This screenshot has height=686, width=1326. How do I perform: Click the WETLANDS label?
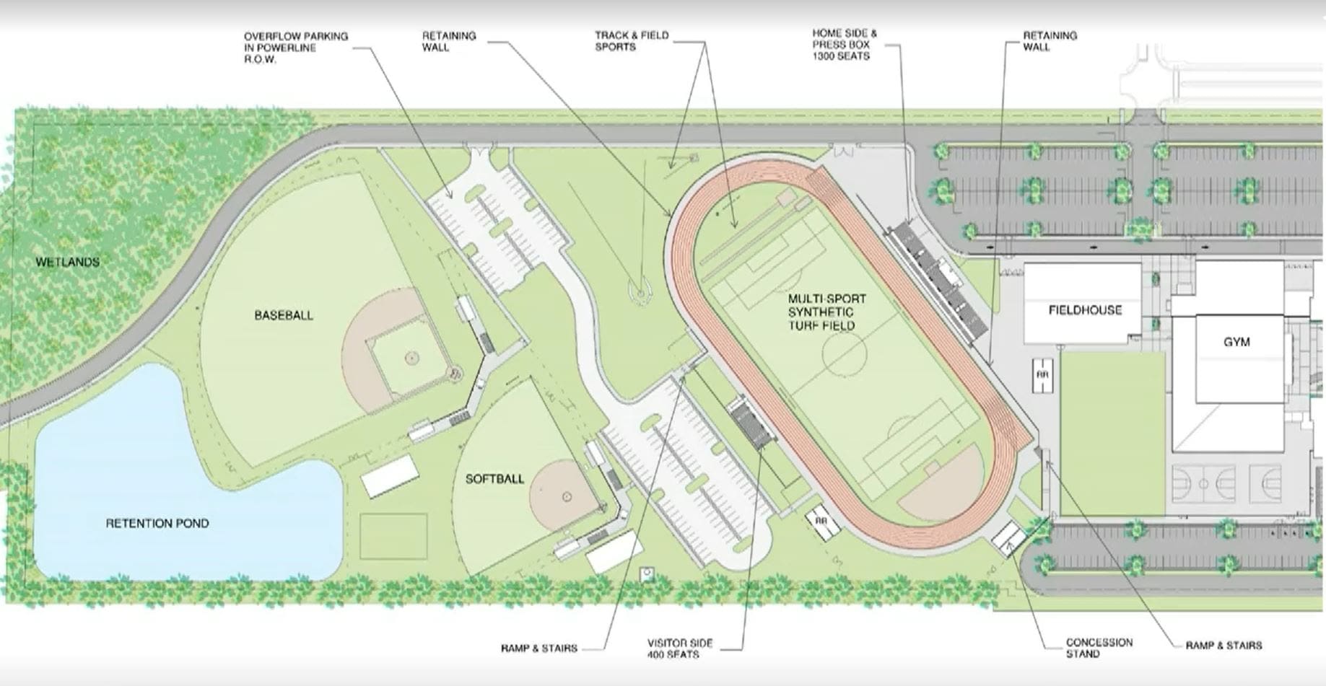[x=68, y=262]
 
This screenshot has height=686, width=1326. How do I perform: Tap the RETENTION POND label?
[x=157, y=523]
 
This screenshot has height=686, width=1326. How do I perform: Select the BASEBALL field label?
[x=284, y=315]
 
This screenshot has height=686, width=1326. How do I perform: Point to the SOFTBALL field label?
[x=494, y=478]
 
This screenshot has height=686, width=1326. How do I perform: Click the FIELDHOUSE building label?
[x=1085, y=310]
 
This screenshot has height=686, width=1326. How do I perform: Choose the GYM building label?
[x=1236, y=342]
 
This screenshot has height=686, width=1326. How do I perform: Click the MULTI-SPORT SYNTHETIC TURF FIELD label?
[x=826, y=312]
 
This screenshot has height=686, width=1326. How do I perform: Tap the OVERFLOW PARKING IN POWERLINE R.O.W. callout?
[x=295, y=47]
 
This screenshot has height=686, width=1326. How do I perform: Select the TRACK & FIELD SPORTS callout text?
[x=632, y=40]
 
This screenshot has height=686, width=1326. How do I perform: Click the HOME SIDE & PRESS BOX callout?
[x=845, y=44]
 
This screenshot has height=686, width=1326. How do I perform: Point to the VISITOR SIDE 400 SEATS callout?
[x=679, y=648]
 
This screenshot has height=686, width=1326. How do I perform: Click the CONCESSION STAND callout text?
[x=1099, y=648]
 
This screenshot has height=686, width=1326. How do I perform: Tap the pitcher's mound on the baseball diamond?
[x=411, y=357]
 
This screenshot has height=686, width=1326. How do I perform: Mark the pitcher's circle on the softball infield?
[x=567, y=497]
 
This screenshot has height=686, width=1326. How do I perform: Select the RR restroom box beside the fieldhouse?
[x=1042, y=375]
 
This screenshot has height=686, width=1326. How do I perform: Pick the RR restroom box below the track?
[x=821, y=522]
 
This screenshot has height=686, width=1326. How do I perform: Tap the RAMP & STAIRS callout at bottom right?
[x=1224, y=645]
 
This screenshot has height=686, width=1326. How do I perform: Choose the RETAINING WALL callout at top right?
[x=1050, y=40]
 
